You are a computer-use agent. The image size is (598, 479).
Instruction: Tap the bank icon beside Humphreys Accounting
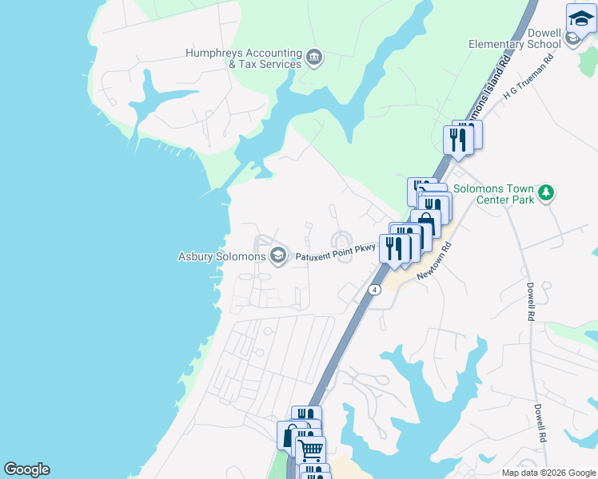point(314,57)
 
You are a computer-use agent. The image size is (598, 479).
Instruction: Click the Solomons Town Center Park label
point(493,195)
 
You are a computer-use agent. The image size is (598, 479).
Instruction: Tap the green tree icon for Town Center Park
point(546,192)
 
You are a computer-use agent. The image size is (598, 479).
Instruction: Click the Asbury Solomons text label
point(221,257)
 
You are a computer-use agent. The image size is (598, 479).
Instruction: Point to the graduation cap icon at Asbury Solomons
point(278,256)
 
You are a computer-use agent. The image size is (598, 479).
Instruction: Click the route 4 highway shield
point(374,289)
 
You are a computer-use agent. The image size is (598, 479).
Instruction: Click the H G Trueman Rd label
point(528,77)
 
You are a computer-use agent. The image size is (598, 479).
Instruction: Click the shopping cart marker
point(311,450)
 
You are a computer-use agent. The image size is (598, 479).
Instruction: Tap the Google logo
point(26,469)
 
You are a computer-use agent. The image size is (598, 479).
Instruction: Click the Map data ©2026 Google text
point(548,473)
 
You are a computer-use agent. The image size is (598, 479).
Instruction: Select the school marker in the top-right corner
point(581,19)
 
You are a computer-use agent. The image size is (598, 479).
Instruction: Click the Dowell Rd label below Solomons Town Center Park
point(530,301)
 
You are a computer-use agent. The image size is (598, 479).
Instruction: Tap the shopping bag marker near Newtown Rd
point(425,224)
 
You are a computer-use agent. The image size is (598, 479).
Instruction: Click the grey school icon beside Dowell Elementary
point(572,38)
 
